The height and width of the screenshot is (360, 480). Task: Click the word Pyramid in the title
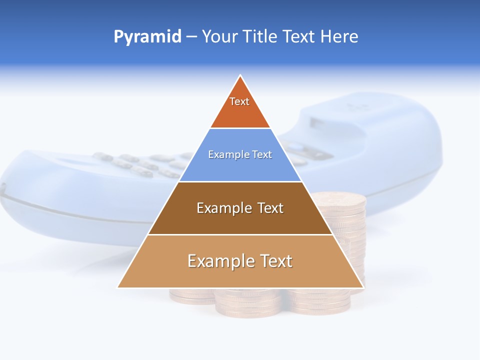pyautogui.click(x=147, y=37)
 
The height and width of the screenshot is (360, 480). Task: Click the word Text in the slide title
pyautogui.click(x=300, y=37)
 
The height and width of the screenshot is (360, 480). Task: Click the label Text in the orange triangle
pyautogui.click(x=239, y=101)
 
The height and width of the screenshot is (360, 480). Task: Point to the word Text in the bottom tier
pyautogui.click(x=274, y=261)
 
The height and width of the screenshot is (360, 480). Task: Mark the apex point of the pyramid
pyautogui.click(x=240, y=75)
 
